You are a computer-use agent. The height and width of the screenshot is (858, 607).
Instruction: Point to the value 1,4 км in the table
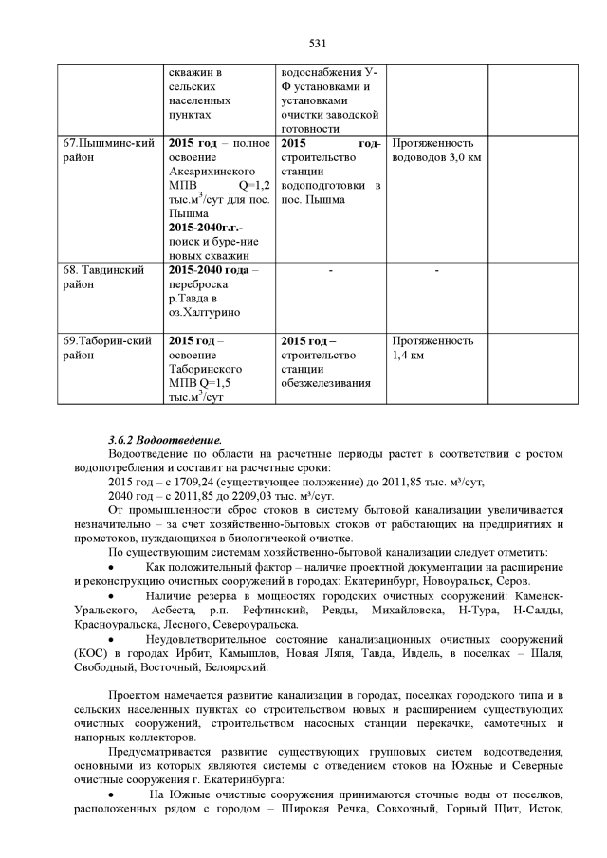pyautogui.click(x=408, y=356)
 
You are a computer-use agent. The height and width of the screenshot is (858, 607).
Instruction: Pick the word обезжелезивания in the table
pyautogui.click(x=325, y=383)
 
